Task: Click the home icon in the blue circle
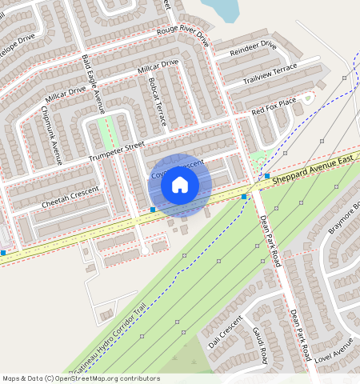coord(180,186)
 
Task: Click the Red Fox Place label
coord(274,105)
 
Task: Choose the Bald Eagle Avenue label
coord(94,84)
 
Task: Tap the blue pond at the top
coord(222,9)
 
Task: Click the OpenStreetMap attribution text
coord(80,378)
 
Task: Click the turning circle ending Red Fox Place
coord(308,97)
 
